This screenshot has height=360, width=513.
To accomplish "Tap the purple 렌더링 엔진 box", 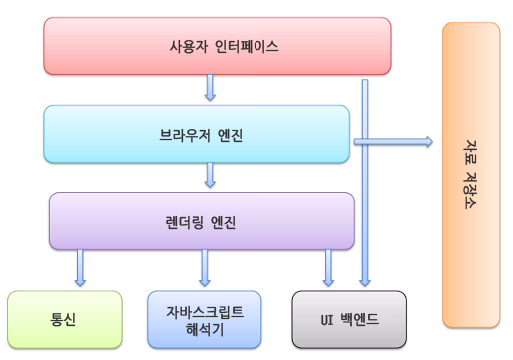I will pyautogui.click(x=120, y=221).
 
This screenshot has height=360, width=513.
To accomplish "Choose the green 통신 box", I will pyautogui.click(x=64, y=319).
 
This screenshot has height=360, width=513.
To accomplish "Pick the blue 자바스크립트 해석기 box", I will pyautogui.click(x=204, y=319).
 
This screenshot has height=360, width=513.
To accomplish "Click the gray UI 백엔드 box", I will pyautogui.click(x=349, y=319).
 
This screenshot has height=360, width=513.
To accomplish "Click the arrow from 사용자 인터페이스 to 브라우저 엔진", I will pyautogui.click(x=210, y=89).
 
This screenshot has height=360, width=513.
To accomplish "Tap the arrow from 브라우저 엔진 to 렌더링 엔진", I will pyautogui.click(x=210, y=177).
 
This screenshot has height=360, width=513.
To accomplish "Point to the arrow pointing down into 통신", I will pyautogui.click(x=80, y=268).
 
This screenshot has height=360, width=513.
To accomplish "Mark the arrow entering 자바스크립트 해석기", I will pyautogui.click(x=205, y=268).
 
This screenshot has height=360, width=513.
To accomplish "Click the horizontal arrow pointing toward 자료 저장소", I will pyautogui.click(x=394, y=143).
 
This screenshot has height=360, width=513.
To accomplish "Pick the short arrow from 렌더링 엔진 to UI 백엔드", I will pyautogui.click(x=328, y=268).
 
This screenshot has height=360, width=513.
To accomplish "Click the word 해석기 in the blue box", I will pyautogui.click(x=204, y=328).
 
